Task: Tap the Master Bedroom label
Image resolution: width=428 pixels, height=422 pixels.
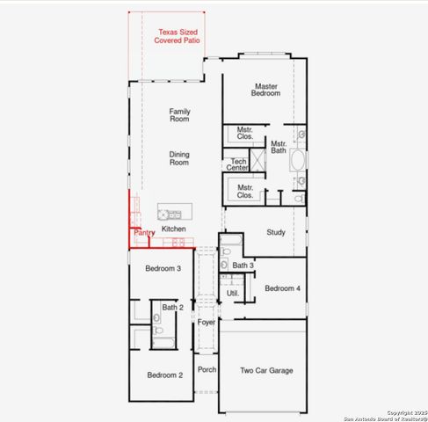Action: (266, 90)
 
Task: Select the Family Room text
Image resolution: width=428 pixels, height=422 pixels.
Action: (180, 115)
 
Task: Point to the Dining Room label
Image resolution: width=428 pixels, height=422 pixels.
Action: (179, 158)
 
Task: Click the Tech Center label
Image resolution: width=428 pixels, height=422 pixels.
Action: (238, 164)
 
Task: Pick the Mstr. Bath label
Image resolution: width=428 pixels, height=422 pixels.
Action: (279, 147)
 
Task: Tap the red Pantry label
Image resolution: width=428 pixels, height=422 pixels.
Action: (144, 233)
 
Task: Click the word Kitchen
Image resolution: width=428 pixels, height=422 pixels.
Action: (174, 229)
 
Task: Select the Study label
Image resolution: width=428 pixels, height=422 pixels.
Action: (276, 232)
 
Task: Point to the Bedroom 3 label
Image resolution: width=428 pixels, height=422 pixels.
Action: (163, 268)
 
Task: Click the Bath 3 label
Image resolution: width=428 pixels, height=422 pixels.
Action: (243, 266)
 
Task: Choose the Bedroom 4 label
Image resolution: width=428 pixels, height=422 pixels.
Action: (282, 288)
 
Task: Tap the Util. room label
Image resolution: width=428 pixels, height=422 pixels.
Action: (233, 293)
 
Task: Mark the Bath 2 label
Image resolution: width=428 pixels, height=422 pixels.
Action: (172, 307)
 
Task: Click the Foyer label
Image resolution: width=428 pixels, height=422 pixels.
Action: (206, 323)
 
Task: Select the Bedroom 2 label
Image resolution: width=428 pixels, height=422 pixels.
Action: (164, 375)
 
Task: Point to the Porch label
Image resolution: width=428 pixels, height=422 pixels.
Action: (207, 369)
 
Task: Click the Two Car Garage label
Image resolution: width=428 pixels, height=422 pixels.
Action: (266, 370)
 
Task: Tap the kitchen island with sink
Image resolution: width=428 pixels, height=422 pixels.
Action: (170, 214)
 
